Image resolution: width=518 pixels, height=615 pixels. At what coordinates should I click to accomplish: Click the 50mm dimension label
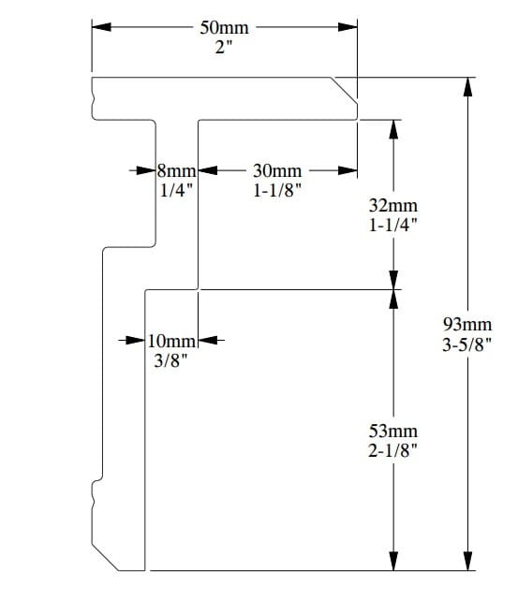[x=224, y=28]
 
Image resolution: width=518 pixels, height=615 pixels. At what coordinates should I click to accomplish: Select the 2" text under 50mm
[x=224, y=47]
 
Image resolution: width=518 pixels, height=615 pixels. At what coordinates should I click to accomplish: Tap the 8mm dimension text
[x=177, y=171]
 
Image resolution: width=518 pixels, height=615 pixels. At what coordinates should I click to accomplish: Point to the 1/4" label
[x=177, y=191]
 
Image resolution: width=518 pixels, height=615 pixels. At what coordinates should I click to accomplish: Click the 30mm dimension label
[x=277, y=170]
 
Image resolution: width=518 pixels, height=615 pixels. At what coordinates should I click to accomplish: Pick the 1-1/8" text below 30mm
[x=277, y=191]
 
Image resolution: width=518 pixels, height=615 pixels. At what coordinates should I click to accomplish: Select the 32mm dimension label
[x=393, y=206]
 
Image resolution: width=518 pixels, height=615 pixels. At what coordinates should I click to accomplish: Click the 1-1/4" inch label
[x=393, y=226]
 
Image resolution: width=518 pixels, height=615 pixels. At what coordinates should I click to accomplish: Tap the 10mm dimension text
[x=171, y=341]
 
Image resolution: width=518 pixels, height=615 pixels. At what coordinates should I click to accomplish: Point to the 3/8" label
[x=170, y=360]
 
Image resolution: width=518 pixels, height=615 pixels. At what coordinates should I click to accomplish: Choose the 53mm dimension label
[x=393, y=432]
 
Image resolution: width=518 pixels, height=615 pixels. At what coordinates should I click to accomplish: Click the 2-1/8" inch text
[x=393, y=450]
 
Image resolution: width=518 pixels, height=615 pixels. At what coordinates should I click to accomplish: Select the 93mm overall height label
[x=467, y=325]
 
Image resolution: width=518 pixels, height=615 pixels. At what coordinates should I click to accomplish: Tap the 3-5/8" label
[x=467, y=344]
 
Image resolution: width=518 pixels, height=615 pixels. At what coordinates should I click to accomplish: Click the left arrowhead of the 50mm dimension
[x=101, y=27]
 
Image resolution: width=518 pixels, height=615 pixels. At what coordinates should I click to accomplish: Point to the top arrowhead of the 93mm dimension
[x=467, y=87]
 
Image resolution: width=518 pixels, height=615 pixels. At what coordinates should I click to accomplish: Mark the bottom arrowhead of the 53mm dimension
[x=393, y=562]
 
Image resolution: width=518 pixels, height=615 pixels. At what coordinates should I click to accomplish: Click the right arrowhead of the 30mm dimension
[x=348, y=170]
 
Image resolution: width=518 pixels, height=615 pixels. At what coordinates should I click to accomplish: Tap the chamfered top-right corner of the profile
[x=344, y=91]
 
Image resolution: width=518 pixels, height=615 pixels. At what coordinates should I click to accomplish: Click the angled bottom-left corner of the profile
[x=105, y=557]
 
